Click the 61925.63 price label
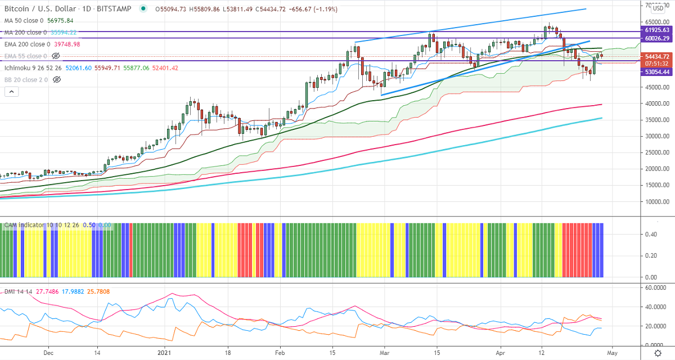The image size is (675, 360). [x=657, y=30]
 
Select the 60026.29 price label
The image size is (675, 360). [x=657, y=38]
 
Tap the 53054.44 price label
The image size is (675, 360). [x=657, y=72]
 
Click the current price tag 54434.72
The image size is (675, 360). [x=657, y=56]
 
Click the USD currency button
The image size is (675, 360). [x=658, y=8]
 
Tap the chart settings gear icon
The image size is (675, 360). [x=658, y=353]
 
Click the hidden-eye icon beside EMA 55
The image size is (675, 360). [x=56, y=56]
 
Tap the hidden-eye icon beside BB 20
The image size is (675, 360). [x=56, y=80]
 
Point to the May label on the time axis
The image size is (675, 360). [x=612, y=353]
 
